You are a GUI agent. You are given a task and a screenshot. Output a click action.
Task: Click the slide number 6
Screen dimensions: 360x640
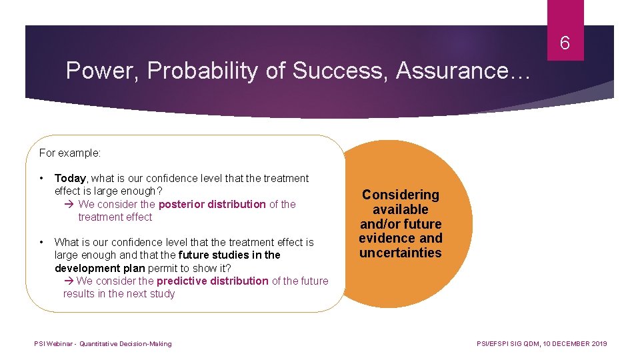565,44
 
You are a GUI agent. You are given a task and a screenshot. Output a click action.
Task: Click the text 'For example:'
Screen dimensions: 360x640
70,153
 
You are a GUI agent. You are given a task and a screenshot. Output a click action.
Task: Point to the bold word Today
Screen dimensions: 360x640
70,178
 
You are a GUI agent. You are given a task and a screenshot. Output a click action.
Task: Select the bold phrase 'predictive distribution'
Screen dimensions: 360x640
213,281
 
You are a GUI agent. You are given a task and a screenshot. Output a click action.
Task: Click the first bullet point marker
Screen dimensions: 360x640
42,178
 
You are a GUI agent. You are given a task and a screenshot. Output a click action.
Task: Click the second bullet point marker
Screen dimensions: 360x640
42,242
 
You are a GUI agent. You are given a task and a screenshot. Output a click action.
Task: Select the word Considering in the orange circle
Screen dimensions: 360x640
400,195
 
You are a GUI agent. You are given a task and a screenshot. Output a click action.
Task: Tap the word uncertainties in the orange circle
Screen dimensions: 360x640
400,253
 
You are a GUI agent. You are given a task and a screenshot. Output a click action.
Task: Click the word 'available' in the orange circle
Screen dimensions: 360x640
400,209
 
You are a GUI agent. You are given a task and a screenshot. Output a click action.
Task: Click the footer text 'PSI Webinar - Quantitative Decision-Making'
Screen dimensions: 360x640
103,344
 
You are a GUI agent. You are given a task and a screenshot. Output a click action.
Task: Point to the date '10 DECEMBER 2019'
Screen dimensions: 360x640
575,344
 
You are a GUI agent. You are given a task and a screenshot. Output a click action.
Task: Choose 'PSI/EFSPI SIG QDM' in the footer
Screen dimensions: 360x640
507,344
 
